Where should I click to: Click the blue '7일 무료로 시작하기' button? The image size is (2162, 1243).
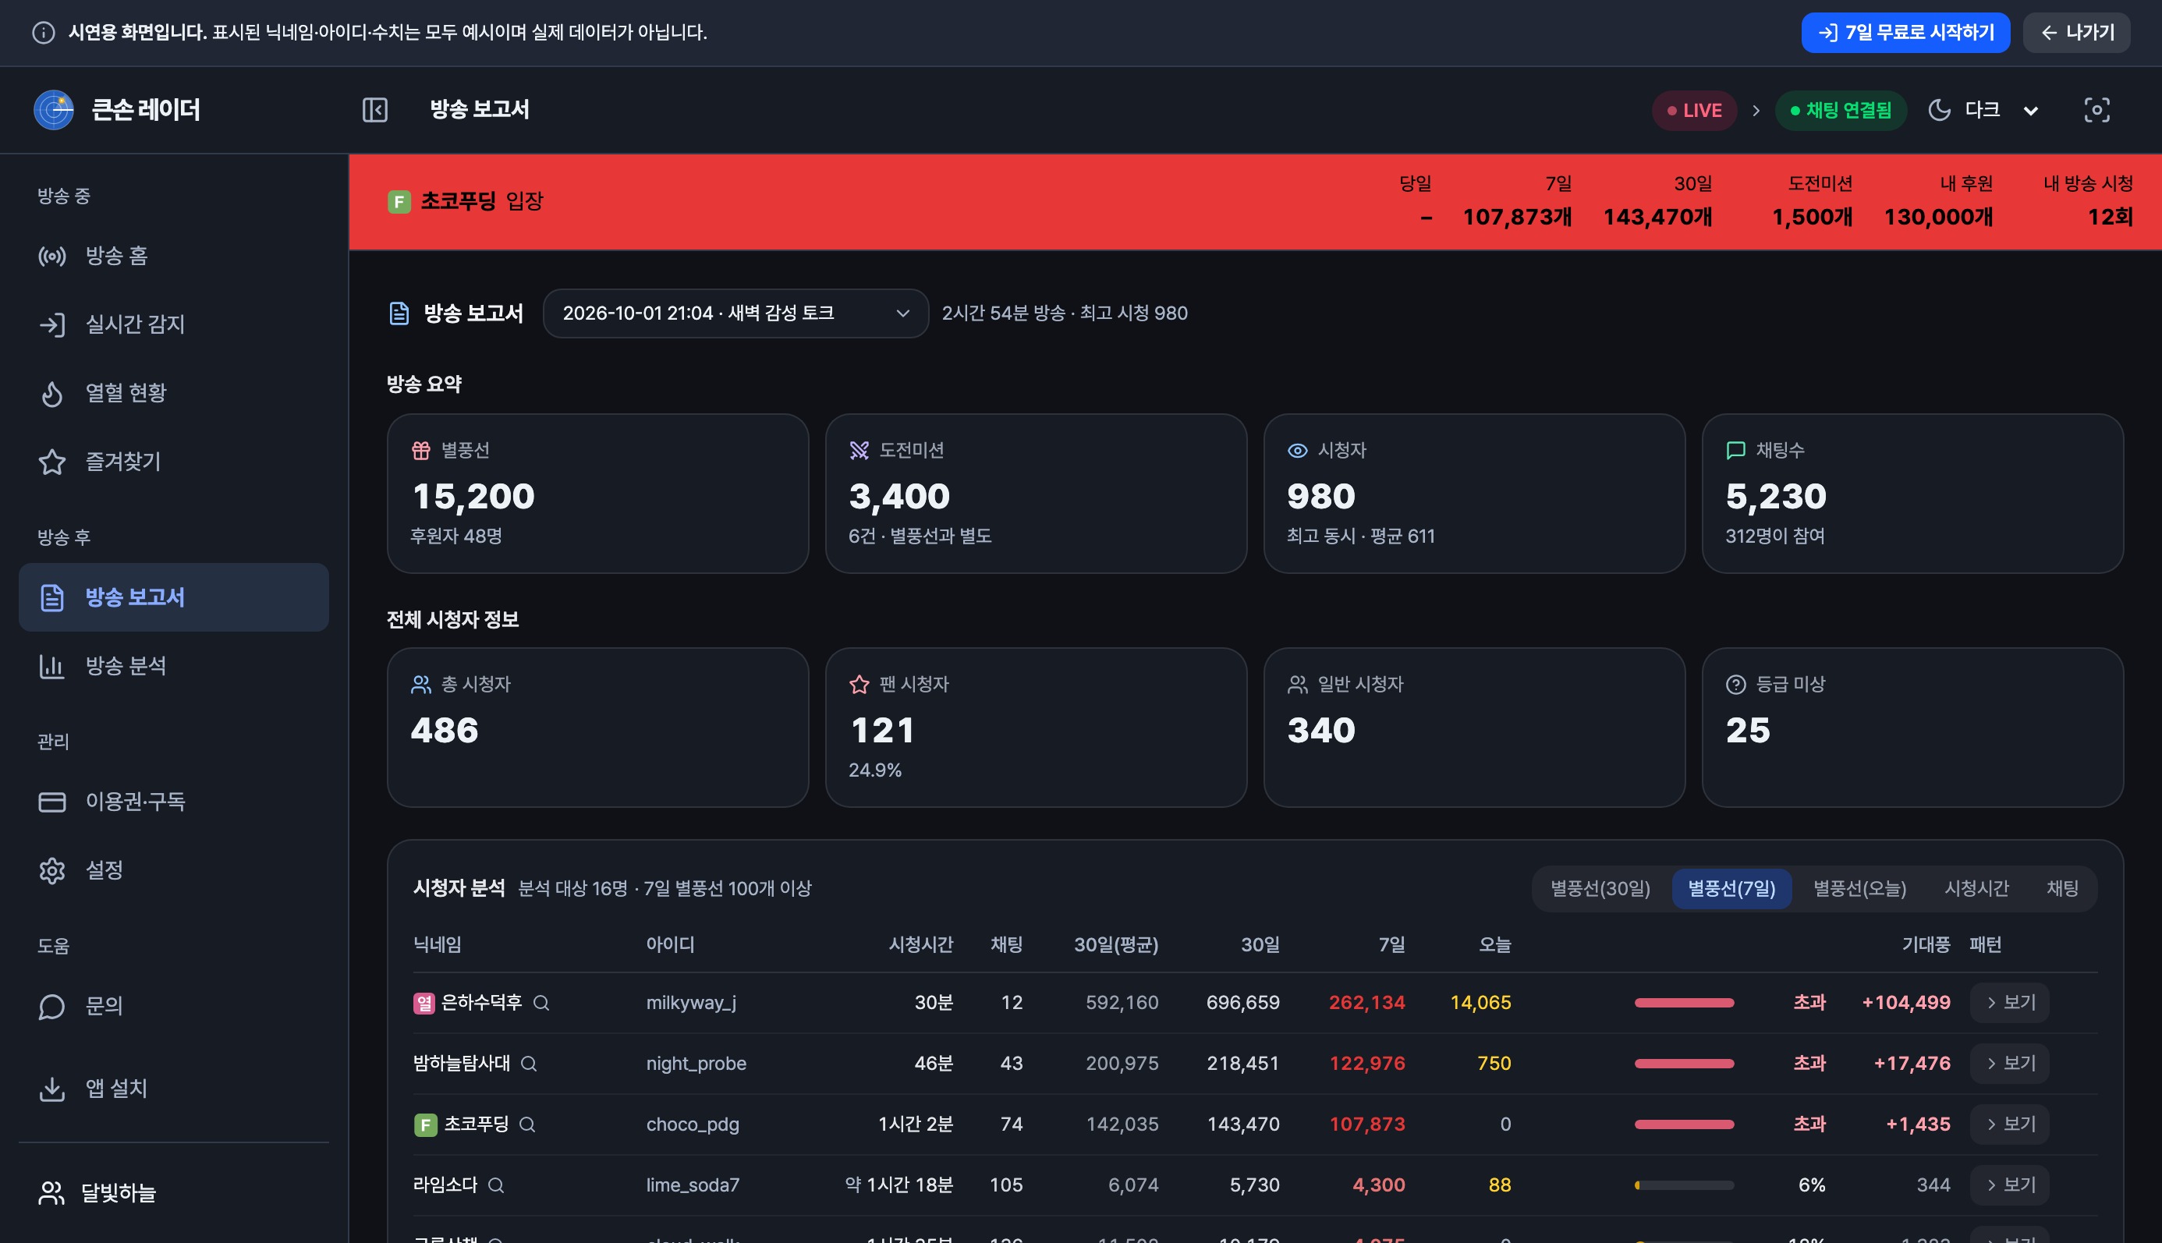1905,33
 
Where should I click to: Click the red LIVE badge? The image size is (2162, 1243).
1694,110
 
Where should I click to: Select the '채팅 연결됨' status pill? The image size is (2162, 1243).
1840,110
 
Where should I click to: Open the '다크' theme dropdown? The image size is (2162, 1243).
1983,110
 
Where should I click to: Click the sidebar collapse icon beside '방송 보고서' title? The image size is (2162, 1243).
375,110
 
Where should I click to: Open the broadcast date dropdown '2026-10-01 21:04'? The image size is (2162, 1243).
735,313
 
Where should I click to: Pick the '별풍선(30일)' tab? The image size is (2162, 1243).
1600,889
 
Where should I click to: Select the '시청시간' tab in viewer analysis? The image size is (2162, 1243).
1976,889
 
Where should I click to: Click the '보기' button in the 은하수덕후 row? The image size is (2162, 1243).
2009,1002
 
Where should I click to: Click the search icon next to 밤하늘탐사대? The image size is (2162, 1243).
529,1064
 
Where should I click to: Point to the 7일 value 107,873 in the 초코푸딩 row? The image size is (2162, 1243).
1367,1124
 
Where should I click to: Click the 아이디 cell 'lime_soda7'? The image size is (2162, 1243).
693,1185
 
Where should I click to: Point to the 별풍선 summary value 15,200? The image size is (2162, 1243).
473,496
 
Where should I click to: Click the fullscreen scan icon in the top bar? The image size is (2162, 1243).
2096,110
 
